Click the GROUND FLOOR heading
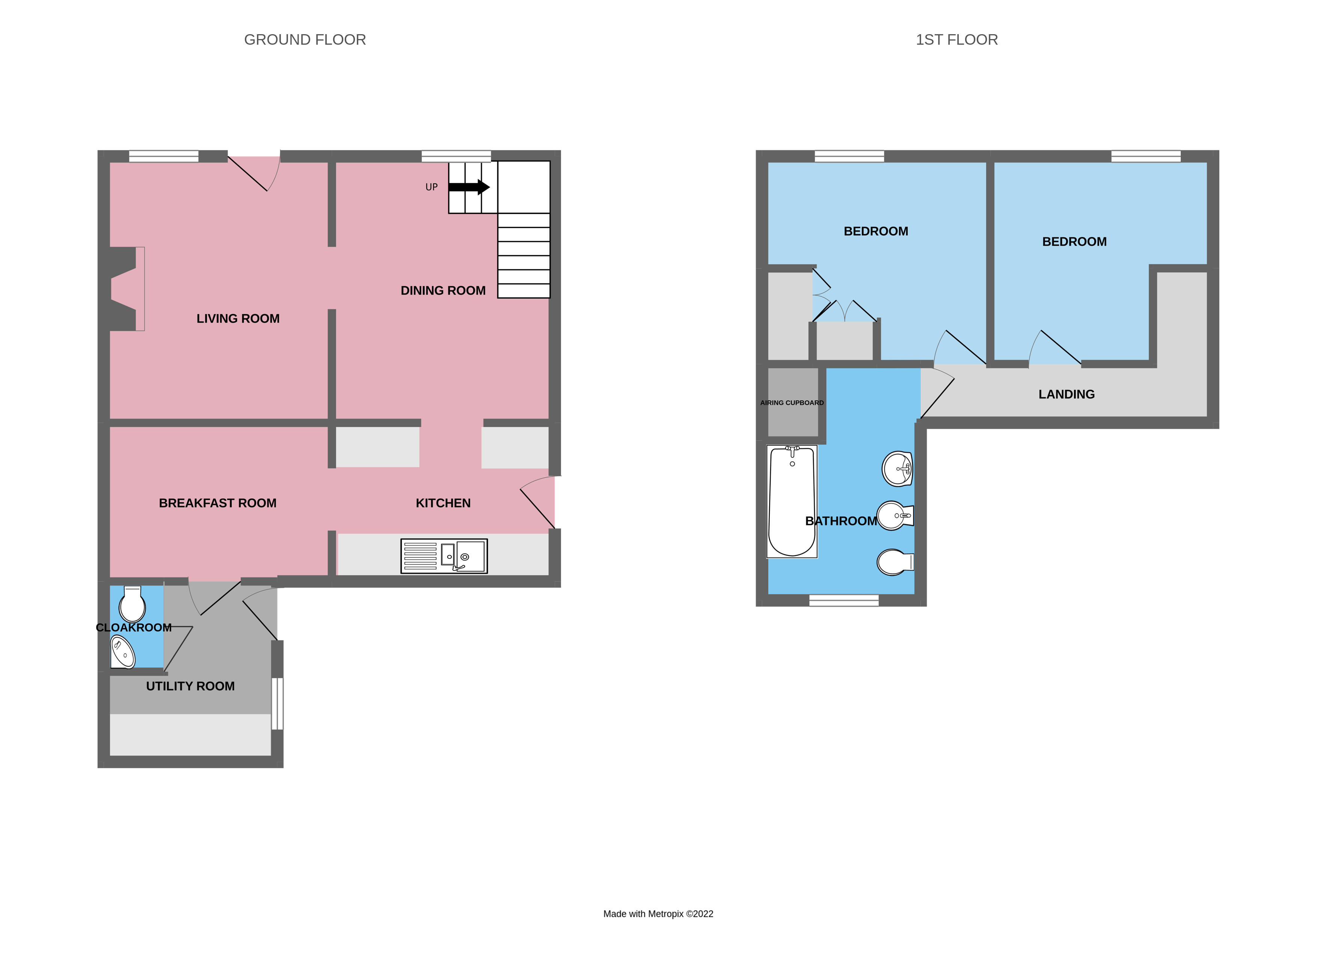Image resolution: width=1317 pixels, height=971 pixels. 305,39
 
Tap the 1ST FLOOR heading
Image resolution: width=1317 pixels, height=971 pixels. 956,39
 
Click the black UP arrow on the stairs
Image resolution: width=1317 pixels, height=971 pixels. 468,187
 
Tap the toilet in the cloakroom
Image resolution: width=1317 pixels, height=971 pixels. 132,604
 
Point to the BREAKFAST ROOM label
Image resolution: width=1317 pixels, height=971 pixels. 217,503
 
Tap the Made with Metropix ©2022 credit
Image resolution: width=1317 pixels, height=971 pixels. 658,914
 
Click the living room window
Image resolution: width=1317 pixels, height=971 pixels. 163,156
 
